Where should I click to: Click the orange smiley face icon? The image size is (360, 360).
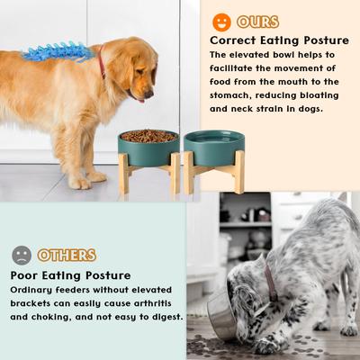tap(221, 22)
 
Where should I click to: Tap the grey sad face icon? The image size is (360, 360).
tap(22, 255)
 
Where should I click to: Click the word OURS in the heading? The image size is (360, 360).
tap(258, 22)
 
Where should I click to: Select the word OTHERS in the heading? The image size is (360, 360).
tap(67, 255)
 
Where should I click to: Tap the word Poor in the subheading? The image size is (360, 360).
tap(27, 274)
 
